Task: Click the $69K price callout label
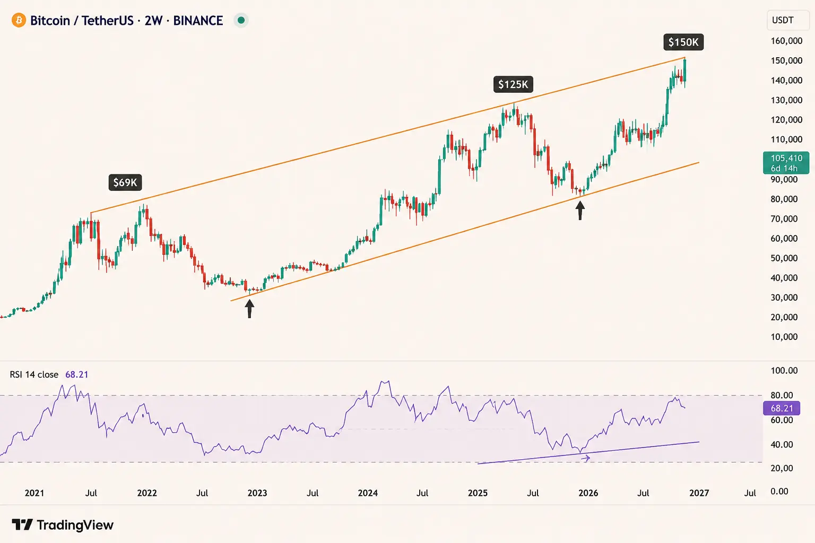(125, 182)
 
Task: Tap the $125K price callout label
(513, 84)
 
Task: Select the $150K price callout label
(683, 42)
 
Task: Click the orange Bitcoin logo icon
(19, 20)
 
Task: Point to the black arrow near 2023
(249, 309)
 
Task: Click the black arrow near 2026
(580, 211)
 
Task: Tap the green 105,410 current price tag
(786, 163)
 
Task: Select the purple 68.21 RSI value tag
(781, 408)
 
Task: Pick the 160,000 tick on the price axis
(786, 41)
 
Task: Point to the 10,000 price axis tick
(784, 337)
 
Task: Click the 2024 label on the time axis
(368, 493)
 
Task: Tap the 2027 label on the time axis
(699, 493)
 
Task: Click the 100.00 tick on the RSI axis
(784, 371)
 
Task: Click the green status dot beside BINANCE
(241, 20)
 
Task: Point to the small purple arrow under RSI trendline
(585, 459)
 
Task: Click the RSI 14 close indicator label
(34, 374)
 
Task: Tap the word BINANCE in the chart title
(198, 21)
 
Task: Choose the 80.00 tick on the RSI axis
(782, 396)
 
